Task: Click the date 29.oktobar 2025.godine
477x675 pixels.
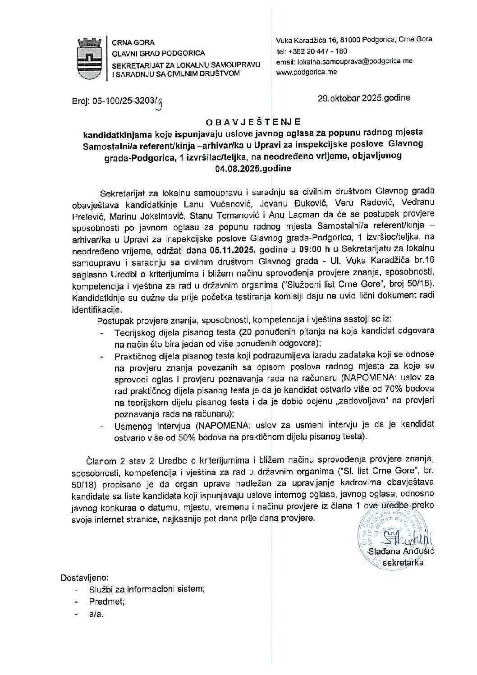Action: (x=364, y=98)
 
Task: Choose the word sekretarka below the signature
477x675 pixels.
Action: (x=403, y=563)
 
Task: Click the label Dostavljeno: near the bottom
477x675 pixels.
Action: (x=84, y=578)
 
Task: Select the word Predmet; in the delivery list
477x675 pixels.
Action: (x=107, y=601)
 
